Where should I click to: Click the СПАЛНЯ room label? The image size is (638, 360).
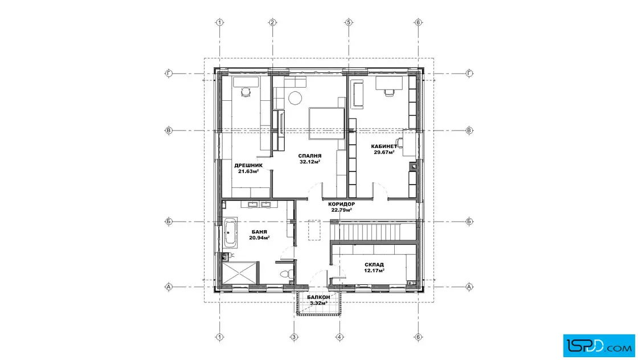pos(310,156)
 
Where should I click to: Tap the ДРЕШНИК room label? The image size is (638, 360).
pos(248,166)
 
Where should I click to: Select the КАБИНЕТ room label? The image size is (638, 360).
pos(384,146)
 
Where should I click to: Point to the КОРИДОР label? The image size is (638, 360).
pos(341,204)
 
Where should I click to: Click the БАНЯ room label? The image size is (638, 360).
pos(259,232)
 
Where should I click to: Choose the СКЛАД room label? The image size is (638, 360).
pos(374,265)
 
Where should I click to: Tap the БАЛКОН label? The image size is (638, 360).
pos(318,297)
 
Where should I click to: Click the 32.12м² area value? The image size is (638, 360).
pos(310,162)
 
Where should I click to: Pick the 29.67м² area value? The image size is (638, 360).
pos(384,153)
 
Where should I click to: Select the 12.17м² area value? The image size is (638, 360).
pos(374,271)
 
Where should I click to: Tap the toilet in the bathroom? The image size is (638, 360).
pos(287,273)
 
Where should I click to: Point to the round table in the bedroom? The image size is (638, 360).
pos(296,98)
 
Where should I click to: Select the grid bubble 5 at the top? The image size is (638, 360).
pos(348,22)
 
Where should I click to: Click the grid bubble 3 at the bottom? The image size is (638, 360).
pos(294,337)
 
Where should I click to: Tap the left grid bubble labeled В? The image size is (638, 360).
pos(169,130)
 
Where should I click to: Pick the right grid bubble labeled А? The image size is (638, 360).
pos(469,287)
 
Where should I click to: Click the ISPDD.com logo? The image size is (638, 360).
pos(599,346)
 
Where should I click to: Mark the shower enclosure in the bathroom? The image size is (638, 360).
pos(240,273)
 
